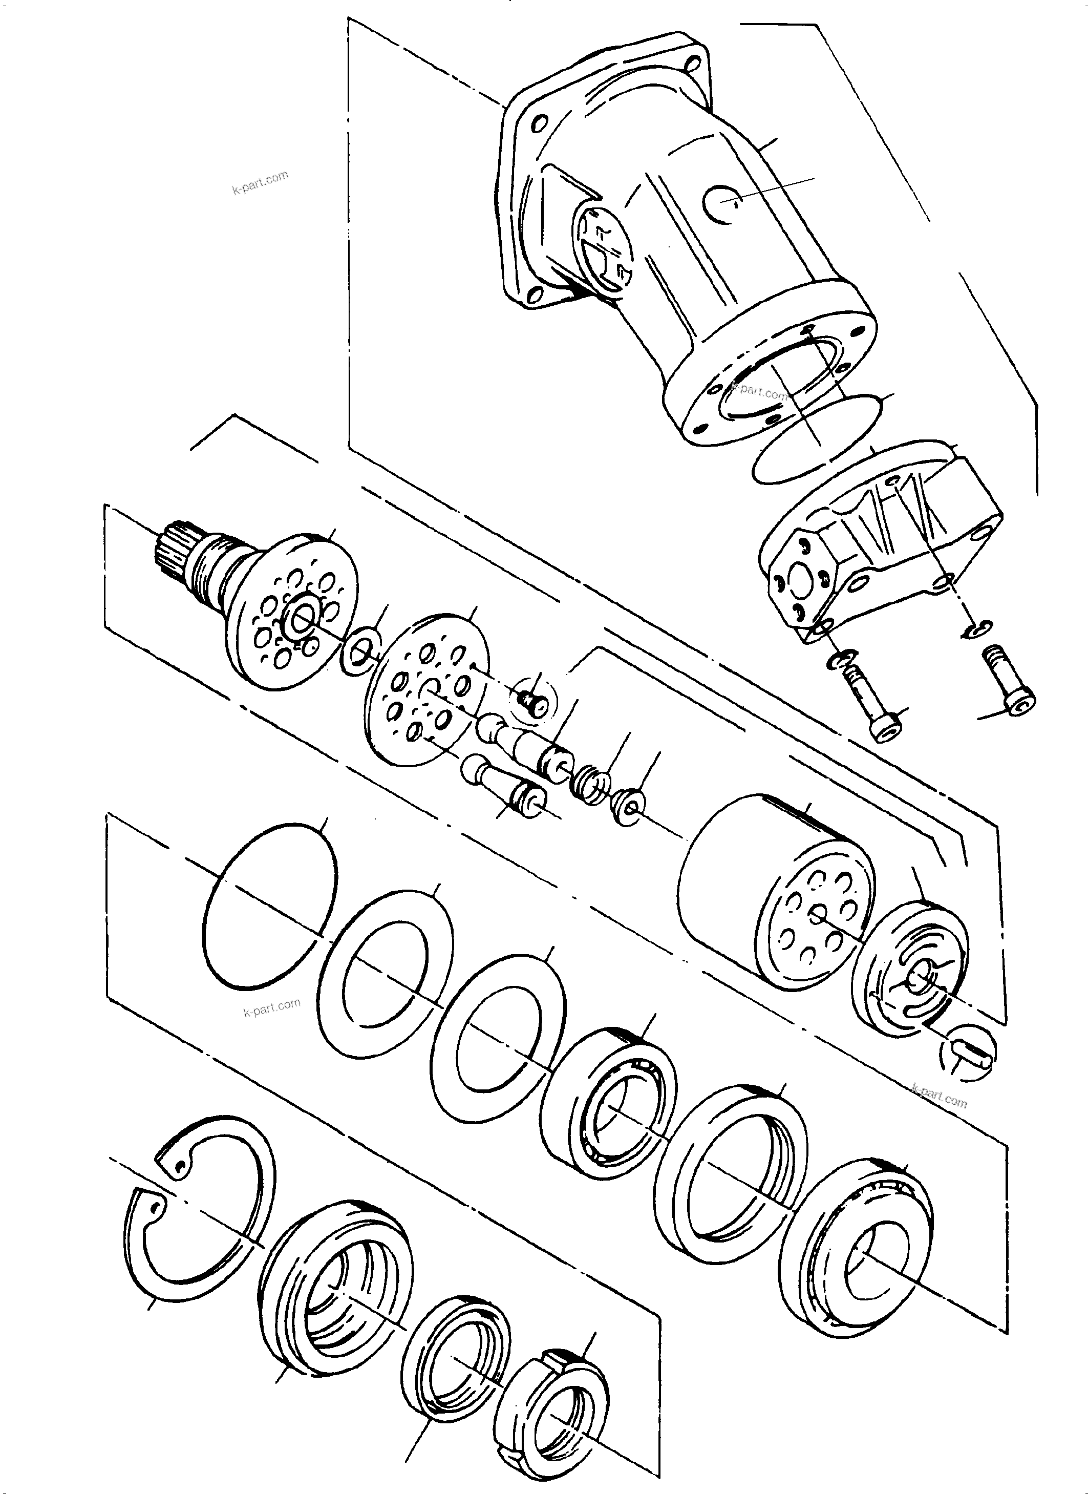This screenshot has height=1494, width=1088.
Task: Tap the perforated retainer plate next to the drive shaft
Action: coord(427,690)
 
